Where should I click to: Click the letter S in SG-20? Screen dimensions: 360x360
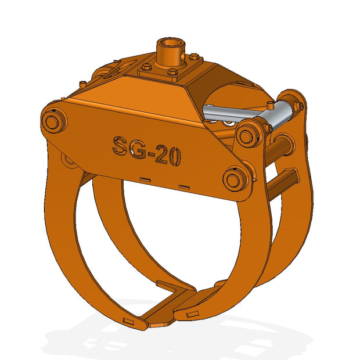[120, 146]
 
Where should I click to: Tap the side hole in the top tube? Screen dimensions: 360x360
[182, 55]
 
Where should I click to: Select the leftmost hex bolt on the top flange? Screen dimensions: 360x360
[146, 67]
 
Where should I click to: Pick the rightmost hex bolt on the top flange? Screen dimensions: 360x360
[195, 56]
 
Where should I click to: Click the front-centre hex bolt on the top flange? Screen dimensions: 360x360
[172, 72]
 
